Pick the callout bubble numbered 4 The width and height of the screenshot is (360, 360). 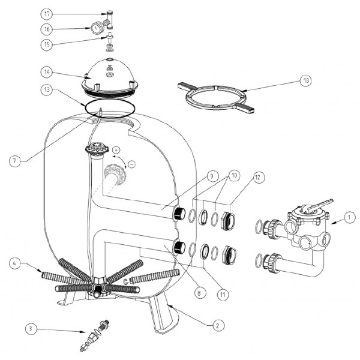coord(16,262)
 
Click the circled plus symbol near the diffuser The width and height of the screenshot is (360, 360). coord(116,149)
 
